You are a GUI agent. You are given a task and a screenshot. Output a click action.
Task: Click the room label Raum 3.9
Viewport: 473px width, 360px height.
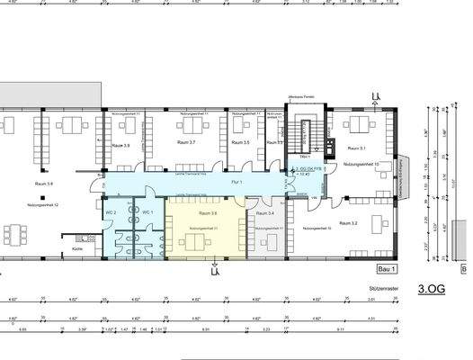[x=121, y=146]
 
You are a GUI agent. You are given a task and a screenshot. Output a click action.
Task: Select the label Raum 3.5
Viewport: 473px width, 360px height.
[x=241, y=143]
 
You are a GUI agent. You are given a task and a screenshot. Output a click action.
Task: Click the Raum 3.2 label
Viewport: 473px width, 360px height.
[x=348, y=221]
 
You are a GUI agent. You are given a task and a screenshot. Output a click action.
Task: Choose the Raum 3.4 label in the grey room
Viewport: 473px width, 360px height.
[x=265, y=214]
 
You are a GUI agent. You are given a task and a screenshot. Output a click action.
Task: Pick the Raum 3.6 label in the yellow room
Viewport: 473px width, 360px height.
[x=208, y=213]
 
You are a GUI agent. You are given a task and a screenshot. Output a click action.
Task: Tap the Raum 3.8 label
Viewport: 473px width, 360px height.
[x=43, y=184]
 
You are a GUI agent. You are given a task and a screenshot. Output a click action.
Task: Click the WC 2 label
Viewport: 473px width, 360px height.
[x=111, y=211]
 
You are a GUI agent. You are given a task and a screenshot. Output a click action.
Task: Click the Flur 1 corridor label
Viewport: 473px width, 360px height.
[x=235, y=183]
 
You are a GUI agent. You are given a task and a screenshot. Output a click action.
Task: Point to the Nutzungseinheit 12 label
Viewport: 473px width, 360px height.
[x=44, y=205]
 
